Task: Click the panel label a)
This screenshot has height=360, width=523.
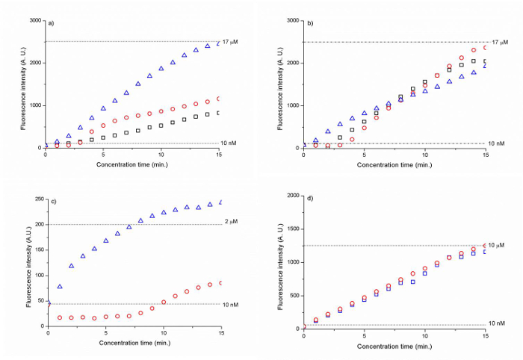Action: [52, 22]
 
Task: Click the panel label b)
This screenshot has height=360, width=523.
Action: [309, 22]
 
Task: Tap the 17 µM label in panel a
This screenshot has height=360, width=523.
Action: [231, 42]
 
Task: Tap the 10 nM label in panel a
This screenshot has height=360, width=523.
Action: [229, 143]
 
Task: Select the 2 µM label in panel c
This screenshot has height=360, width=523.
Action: [229, 224]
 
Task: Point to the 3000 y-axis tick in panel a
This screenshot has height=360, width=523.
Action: [34, 20]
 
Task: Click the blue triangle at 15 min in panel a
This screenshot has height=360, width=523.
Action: [218, 43]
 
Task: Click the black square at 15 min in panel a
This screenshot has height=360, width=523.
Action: [218, 113]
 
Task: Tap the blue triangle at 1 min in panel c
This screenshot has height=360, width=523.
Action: [60, 287]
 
